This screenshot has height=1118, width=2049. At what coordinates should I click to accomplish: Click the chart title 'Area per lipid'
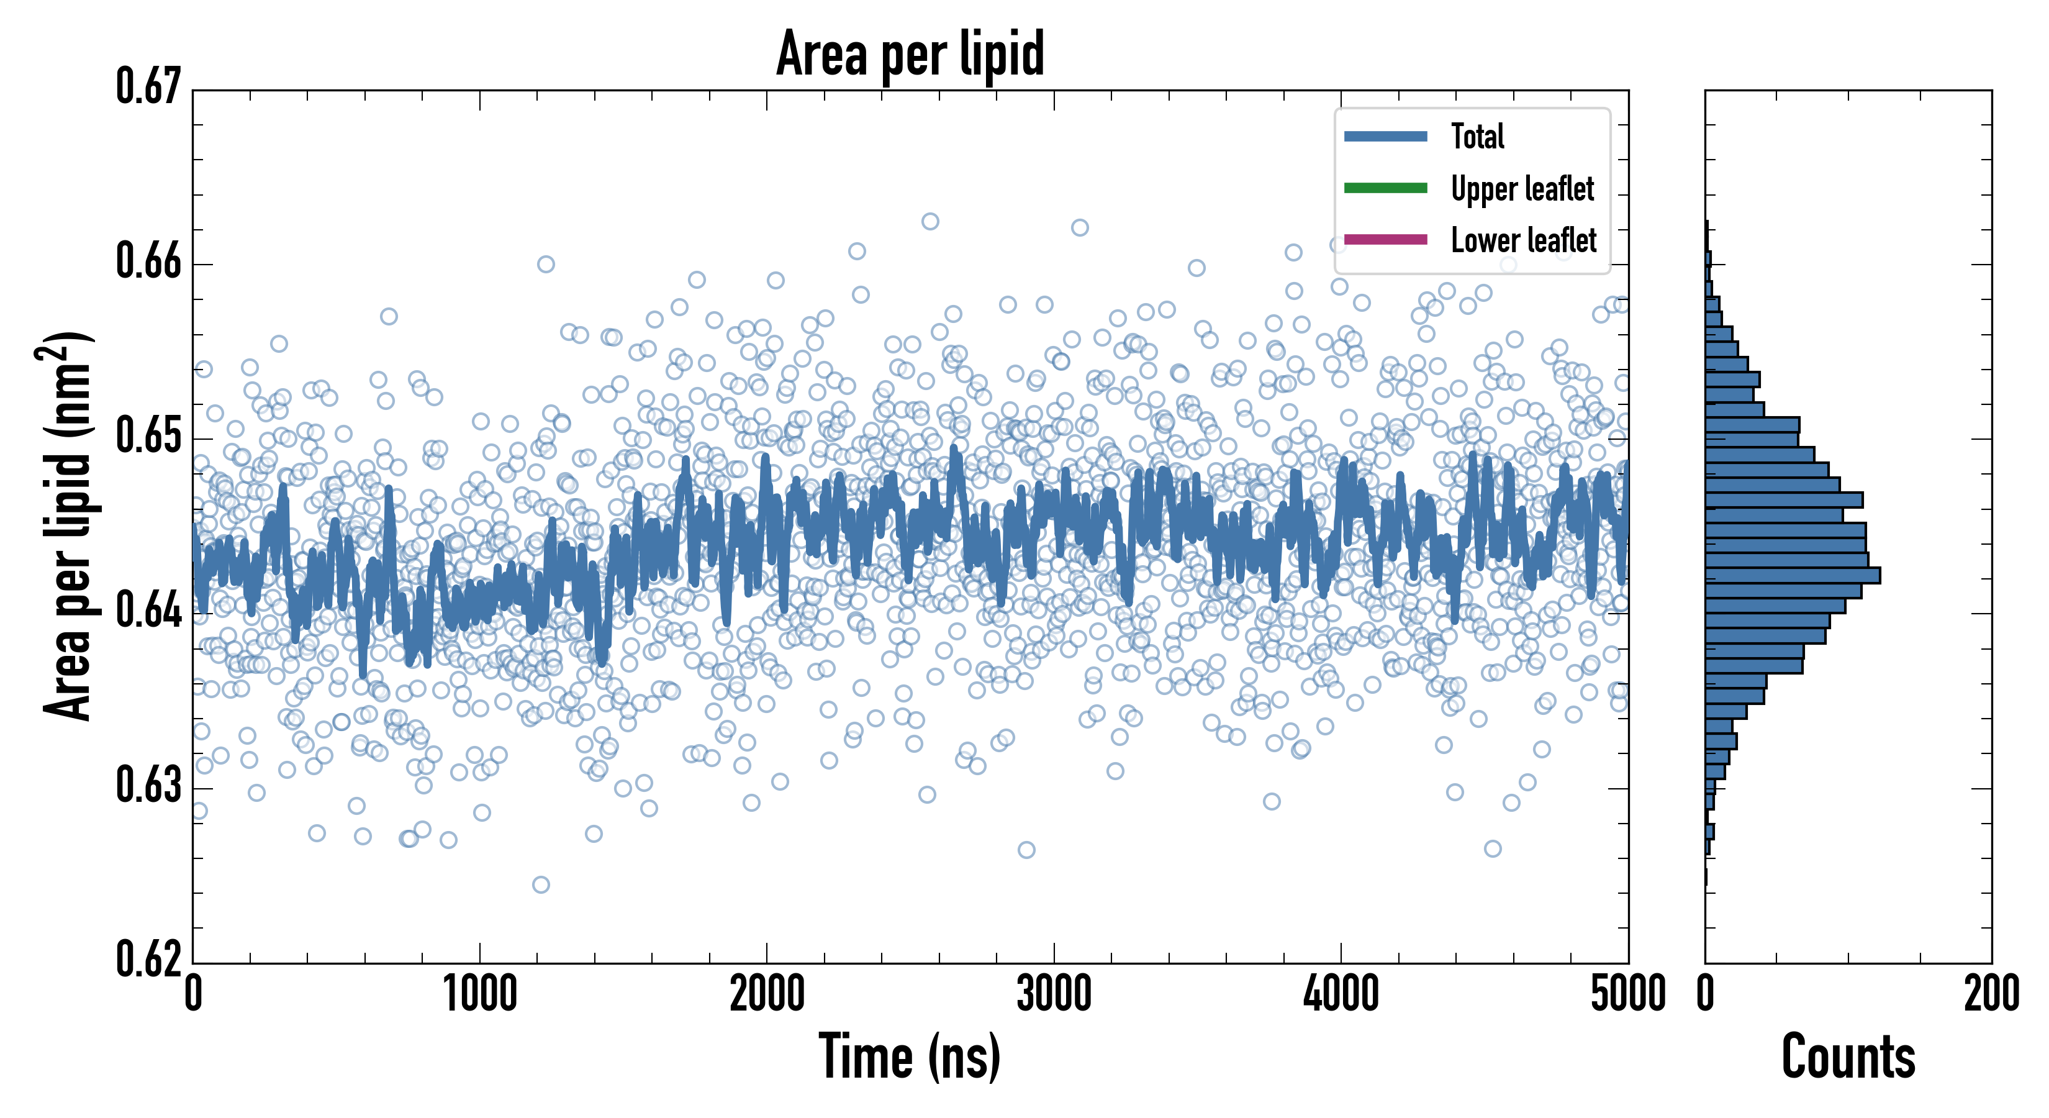pos(910,53)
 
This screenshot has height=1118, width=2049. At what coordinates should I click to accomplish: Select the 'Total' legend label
pos(1477,136)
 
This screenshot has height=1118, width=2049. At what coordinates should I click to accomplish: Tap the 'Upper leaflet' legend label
pos(1522,189)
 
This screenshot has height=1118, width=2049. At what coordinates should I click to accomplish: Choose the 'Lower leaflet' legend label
pos(1523,240)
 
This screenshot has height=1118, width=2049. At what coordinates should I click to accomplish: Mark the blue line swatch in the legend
pos(1386,136)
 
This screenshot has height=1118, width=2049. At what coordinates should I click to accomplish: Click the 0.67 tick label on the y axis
pos(149,87)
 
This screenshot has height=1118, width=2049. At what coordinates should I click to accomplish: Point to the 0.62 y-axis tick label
pos(149,959)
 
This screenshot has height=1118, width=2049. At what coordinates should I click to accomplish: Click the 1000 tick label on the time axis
pos(479,994)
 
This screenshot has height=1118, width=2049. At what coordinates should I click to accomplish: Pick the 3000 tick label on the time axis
pos(1054,994)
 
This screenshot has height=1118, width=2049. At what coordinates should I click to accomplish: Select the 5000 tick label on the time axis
pos(1627,994)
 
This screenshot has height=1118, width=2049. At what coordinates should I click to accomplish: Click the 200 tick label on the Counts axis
pos(1991,994)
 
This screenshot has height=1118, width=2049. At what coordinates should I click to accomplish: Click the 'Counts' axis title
pos(1848,1057)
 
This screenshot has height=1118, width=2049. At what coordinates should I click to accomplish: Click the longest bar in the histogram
pos(1793,575)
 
